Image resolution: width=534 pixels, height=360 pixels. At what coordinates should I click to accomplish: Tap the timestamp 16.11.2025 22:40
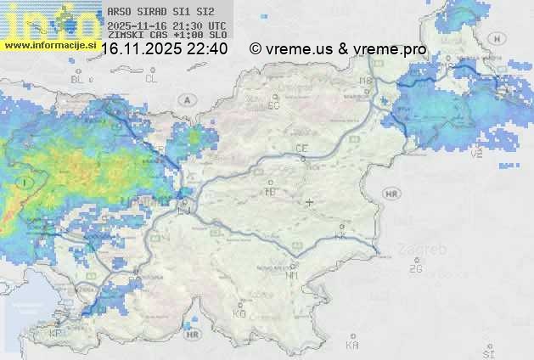[163, 49]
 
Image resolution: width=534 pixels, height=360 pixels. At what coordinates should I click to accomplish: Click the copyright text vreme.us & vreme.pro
[338, 49]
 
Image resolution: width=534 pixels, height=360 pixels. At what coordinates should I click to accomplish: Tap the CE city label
[301, 149]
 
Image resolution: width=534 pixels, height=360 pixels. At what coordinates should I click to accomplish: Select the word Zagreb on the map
[425, 250]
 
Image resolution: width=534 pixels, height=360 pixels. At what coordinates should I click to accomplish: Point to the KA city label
[352, 346]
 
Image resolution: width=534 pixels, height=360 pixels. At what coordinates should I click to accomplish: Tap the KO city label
[239, 313]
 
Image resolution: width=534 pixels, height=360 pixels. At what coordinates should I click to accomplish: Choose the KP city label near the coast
[57, 334]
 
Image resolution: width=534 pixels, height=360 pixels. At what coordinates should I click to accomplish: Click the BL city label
[79, 79]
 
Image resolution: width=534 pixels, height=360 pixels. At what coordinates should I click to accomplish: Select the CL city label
[151, 79]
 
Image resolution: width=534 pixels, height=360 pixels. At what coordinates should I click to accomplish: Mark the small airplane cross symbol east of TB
[309, 202]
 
